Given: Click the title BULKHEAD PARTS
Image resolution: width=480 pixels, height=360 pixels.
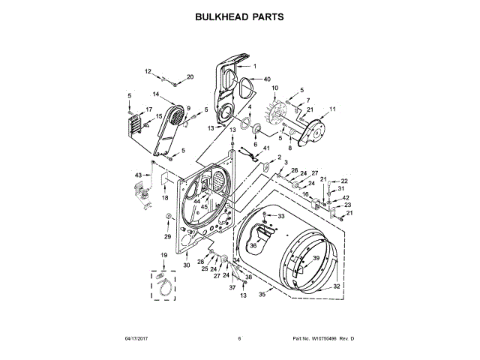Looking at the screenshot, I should pyautogui.click(x=240, y=16).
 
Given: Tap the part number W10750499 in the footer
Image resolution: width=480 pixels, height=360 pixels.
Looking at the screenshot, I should pyautogui.click(x=325, y=339).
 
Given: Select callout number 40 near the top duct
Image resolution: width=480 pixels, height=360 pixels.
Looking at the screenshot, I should pyautogui.click(x=266, y=79).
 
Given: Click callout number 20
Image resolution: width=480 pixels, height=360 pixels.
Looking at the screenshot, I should pyautogui.click(x=190, y=76).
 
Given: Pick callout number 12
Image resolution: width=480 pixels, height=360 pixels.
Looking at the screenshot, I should pyautogui.click(x=147, y=71).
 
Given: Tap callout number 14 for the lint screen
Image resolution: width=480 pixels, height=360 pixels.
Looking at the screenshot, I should pyautogui.click(x=156, y=94).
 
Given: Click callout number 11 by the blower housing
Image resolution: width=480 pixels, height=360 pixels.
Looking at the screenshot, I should pyautogui.click(x=332, y=109).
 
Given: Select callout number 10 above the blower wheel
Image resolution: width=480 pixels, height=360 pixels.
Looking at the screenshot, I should pyautogui.click(x=274, y=88).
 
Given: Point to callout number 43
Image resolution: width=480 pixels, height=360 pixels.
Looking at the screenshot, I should pyautogui.click(x=138, y=175).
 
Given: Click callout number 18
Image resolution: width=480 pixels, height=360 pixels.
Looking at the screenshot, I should pyautogui.click(x=165, y=197).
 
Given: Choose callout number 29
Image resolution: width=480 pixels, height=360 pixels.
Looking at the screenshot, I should pyautogui.click(x=168, y=237).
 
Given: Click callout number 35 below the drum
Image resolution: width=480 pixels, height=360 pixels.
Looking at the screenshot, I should pyautogui.click(x=262, y=295).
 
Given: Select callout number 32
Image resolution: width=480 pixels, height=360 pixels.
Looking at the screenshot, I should pyautogui.click(x=336, y=286).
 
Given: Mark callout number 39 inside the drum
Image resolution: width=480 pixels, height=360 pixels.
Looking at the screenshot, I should pyautogui.click(x=316, y=258).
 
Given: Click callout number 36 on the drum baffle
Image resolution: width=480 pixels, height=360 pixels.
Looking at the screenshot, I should pyautogui.click(x=253, y=244).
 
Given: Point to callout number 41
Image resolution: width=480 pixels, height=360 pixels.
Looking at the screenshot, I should pyautogui.click(x=265, y=148).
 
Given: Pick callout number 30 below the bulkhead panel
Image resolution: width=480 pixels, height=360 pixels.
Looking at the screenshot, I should pyautogui.click(x=187, y=265).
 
